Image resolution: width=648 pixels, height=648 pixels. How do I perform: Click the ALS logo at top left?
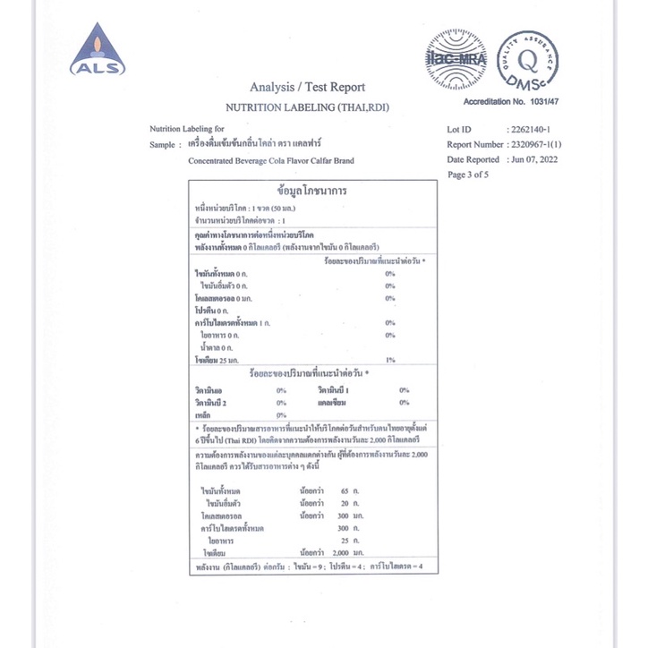pos(98,52)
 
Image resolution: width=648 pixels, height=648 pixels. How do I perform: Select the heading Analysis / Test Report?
pos(308,87)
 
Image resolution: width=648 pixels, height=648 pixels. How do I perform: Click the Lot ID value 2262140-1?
pos(534,130)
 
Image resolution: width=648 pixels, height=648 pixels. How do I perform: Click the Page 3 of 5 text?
pos(468,175)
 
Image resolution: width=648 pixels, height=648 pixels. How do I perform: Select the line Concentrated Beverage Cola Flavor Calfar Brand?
pos(271,160)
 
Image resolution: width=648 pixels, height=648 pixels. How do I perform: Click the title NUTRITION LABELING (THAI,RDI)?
pos(307,107)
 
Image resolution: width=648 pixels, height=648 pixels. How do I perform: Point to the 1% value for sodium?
pos(390,359)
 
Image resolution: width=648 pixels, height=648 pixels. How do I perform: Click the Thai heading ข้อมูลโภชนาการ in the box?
pos(312,192)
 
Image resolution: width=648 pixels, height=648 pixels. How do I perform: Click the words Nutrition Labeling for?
pos(187,129)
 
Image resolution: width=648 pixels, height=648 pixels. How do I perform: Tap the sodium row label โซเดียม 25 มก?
pos(217,359)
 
